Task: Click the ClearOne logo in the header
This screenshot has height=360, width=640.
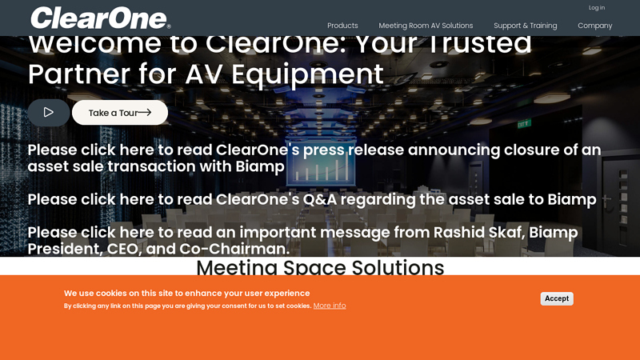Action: [x=100, y=18]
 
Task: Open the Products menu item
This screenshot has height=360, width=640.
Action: [x=342, y=26]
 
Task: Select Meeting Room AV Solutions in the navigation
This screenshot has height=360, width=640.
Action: [x=426, y=26]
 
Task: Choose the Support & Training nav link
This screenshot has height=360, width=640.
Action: [x=525, y=26]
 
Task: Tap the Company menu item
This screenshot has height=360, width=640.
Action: [x=594, y=26]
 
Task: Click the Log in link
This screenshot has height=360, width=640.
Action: [x=597, y=8]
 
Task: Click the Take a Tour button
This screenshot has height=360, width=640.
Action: [x=120, y=113]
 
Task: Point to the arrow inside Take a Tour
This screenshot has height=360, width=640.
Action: [x=145, y=113]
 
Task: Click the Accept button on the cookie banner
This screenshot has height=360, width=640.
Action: [x=557, y=298]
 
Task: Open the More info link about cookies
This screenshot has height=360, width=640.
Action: [x=330, y=306]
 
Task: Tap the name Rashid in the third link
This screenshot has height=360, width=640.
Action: [x=463, y=233]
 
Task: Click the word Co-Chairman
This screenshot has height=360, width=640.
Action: [x=234, y=249]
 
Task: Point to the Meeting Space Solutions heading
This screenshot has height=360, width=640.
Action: [x=320, y=268]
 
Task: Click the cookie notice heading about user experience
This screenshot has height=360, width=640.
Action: [x=186, y=293]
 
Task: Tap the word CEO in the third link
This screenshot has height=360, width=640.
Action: [x=122, y=249]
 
